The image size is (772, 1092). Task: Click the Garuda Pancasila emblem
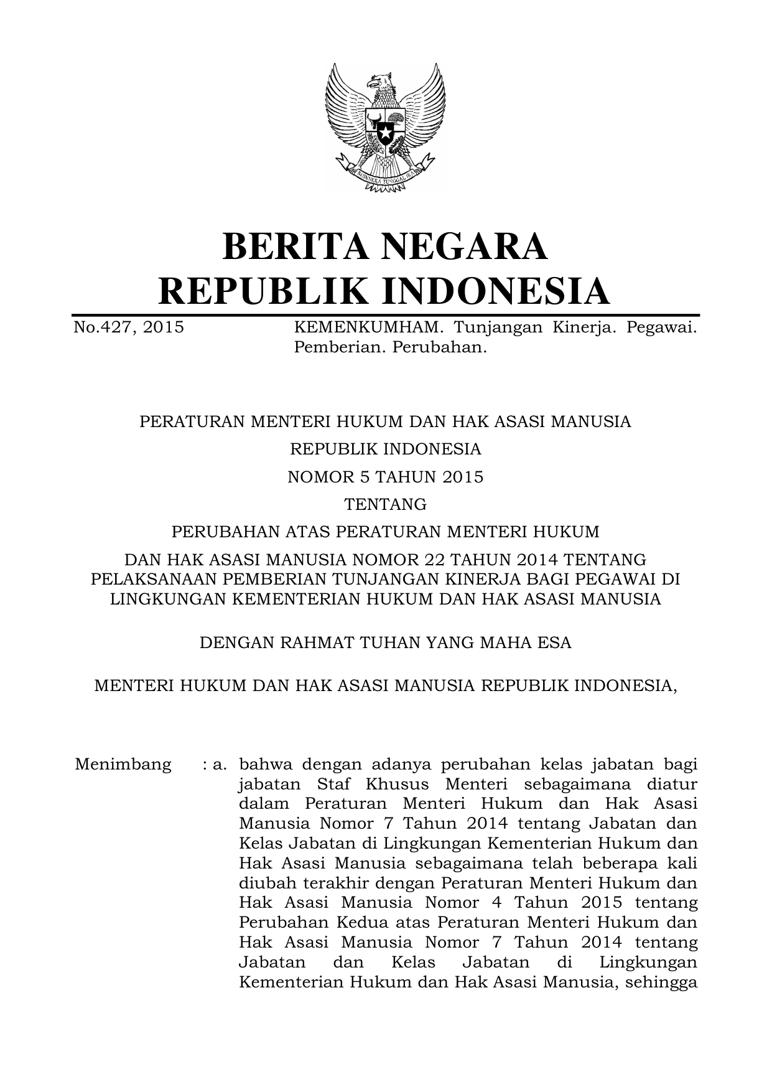click(x=385, y=128)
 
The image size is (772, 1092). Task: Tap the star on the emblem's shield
click(x=385, y=133)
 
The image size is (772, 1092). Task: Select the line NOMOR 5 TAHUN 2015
click(x=385, y=477)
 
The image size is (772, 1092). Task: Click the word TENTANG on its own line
click(x=385, y=504)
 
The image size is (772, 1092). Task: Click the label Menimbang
click(x=123, y=765)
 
